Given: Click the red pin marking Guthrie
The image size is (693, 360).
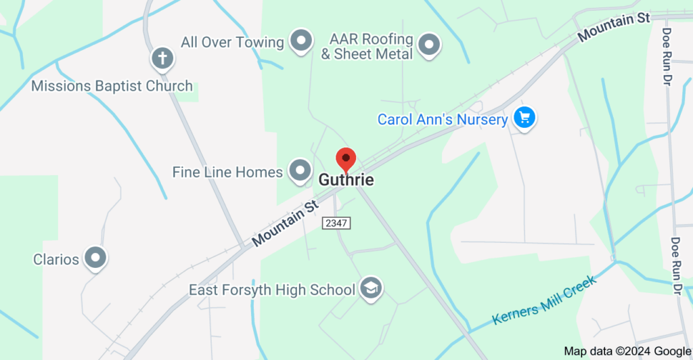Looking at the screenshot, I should (x=346, y=160).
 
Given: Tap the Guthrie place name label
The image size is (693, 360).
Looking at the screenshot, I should (x=346, y=181).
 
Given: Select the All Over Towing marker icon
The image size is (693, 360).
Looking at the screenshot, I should (x=300, y=41).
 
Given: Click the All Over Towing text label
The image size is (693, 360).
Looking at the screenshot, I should (x=232, y=42).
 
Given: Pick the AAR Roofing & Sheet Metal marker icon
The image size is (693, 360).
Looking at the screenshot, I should (x=428, y=45).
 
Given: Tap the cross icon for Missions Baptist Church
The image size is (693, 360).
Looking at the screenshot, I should (x=162, y=58).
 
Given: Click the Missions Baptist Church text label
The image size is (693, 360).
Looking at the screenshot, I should (x=112, y=86).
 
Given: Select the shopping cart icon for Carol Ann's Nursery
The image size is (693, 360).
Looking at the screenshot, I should (x=524, y=118).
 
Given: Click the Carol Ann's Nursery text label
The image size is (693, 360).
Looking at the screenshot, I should (x=443, y=120).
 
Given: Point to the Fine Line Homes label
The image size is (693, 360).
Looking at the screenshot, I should (x=227, y=172).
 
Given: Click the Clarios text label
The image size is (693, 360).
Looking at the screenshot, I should (x=56, y=259).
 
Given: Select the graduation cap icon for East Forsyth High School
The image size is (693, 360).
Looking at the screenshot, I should (x=371, y=289).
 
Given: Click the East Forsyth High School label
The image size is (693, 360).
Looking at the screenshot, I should (x=272, y=290).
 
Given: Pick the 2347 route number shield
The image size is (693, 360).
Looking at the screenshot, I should (x=337, y=223).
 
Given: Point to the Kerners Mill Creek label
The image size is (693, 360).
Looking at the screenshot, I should (x=544, y=300).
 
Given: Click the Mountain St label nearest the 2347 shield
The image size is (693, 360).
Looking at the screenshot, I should (x=284, y=223).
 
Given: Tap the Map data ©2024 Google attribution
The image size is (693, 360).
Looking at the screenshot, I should (x=626, y=351).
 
